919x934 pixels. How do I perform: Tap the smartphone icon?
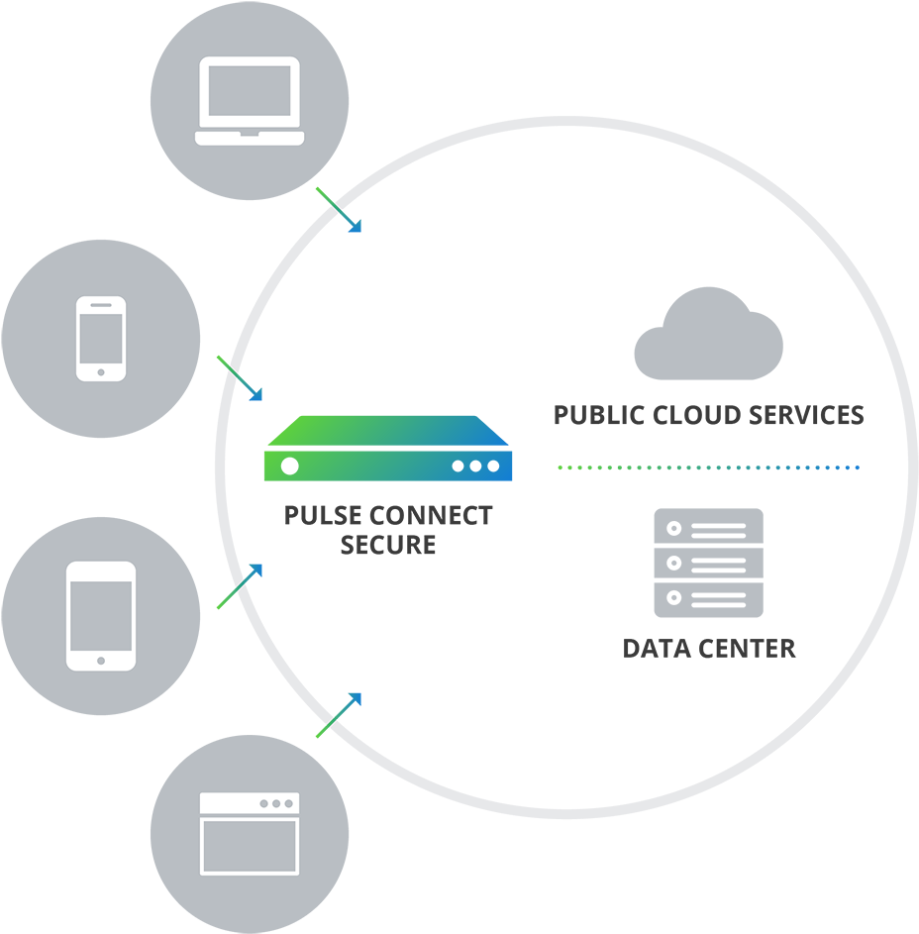[101, 339]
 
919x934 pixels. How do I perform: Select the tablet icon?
[101, 615]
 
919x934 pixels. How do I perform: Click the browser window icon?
[249, 833]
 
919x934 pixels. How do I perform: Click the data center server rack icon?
[708, 563]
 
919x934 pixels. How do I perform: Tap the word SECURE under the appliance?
[388, 545]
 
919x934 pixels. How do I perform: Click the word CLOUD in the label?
[695, 415]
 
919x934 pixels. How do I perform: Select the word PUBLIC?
[596, 415]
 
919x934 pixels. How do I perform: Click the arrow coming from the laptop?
[339, 209]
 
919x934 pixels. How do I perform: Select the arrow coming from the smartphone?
[240, 378]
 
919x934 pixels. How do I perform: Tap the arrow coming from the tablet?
[240, 586]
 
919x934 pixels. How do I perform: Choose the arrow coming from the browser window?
[339, 715]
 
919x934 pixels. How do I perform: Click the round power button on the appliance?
[289, 466]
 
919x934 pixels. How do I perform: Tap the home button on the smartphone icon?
[101, 373]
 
